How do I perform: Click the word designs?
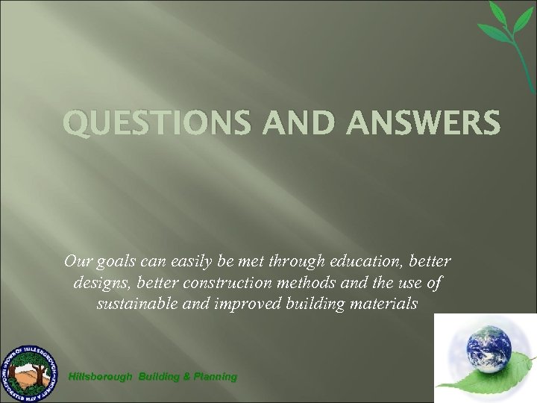[102, 284]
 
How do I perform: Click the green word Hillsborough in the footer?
[100, 377]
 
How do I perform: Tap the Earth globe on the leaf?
[488, 347]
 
